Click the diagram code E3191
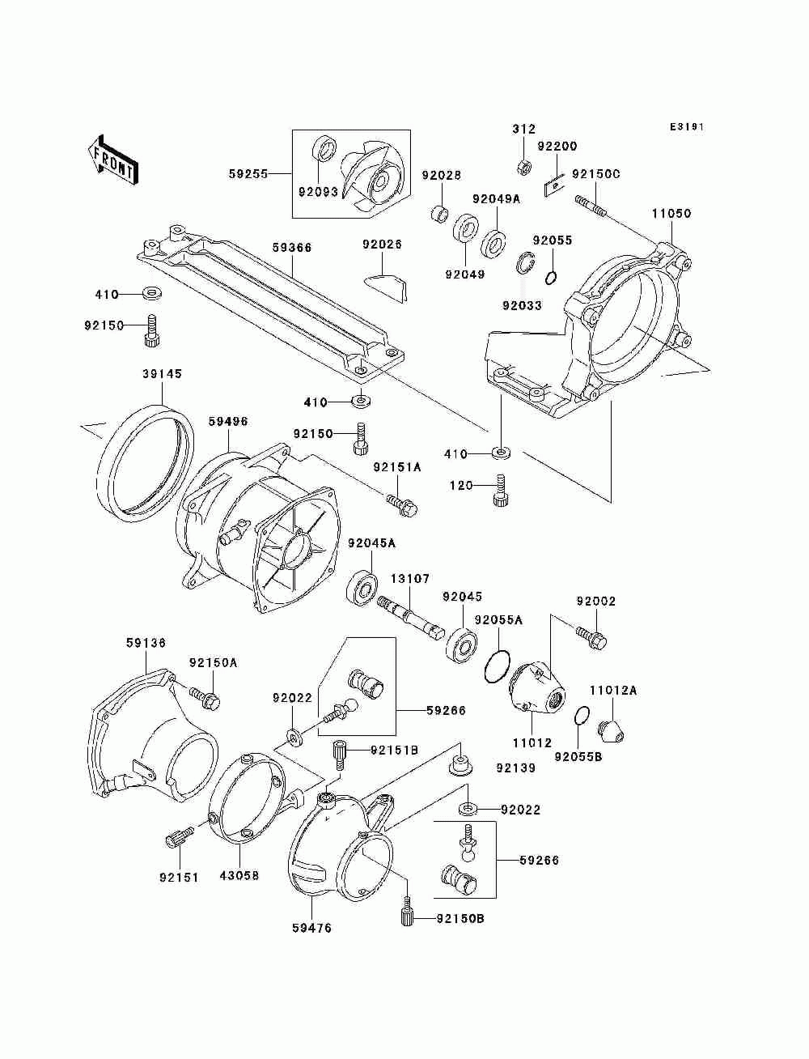[x=687, y=127]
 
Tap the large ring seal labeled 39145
[x=146, y=460]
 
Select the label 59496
[x=227, y=422]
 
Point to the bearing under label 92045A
[x=364, y=586]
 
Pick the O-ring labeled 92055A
[x=497, y=666]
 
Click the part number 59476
[x=311, y=928]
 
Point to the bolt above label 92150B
[x=408, y=915]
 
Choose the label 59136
[x=146, y=643]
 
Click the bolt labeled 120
[x=498, y=493]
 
